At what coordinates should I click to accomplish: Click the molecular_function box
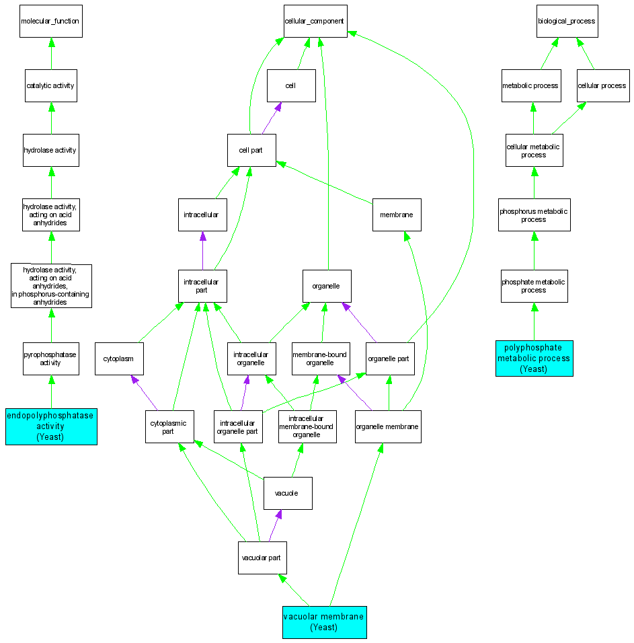coord(50,21)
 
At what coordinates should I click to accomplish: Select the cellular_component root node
coord(315,21)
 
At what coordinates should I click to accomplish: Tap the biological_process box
coord(566,21)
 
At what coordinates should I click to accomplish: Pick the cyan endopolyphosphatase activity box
coord(51,426)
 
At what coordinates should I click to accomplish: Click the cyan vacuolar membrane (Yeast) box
coord(324,621)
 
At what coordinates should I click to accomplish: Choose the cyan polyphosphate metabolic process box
coord(534,358)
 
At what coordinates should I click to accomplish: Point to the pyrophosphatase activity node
coord(50,358)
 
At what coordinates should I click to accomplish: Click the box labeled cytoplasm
coord(118,358)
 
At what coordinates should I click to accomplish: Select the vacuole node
coord(287,493)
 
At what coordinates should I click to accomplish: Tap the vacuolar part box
coord(262,558)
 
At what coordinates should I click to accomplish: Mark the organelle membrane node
coord(388,426)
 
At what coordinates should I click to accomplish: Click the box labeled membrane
coord(397,215)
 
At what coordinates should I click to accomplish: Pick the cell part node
coord(251,150)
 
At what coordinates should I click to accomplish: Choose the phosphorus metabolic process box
coord(534,215)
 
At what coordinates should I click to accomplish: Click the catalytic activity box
coord(50,85)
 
